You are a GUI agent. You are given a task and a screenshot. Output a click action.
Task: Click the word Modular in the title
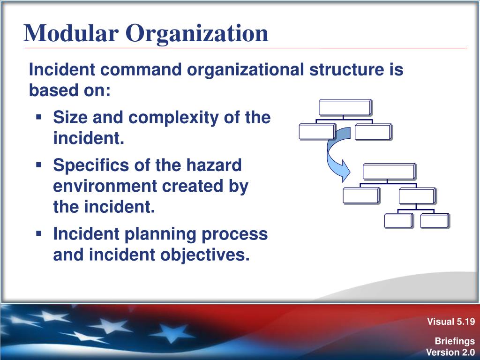[x=71, y=33]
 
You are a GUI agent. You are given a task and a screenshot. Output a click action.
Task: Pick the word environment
[x=105, y=186]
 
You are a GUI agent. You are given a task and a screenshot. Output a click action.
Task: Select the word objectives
[x=205, y=255]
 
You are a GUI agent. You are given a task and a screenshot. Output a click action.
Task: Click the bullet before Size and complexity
[x=38, y=117]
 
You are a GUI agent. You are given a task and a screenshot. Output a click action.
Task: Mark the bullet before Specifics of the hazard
[x=38, y=165]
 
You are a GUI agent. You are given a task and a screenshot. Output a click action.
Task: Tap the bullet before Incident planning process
[x=38, y=233]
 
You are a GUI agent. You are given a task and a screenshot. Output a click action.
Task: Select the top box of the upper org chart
[x=345, y=107]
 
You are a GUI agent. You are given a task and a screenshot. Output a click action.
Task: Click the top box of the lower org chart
[x=389, y=172]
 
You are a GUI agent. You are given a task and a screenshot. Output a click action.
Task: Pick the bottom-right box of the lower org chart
[x=435, y=221]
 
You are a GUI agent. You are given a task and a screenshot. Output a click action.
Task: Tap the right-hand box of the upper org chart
[x=373, y=132]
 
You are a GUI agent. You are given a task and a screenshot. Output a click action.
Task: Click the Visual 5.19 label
[x=451, y=322]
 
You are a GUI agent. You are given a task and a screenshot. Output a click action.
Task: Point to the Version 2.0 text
[x=450, y=352]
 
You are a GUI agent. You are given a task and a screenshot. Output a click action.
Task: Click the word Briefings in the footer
[x=455, y=341]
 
